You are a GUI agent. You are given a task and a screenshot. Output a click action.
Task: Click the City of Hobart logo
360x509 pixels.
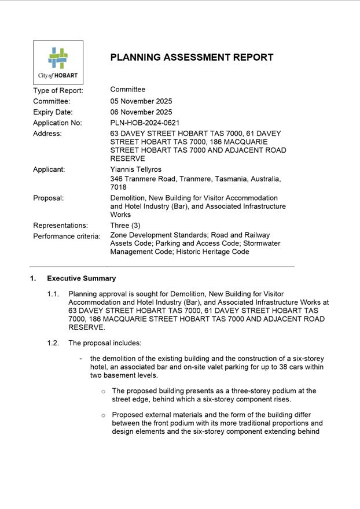pyautogui.click(x=58, y=62)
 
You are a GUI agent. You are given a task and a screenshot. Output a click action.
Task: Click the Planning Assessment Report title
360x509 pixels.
pyautogui.click(x=192, y=57)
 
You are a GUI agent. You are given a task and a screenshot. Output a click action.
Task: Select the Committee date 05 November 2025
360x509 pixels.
pyautogui.click(x=141, y=101)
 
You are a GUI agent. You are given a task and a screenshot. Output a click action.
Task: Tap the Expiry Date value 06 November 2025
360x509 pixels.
pyautogui.click(x=141, y=112)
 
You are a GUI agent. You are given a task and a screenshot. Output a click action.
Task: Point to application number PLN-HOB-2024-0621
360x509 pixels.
pyautogui.click(x=145, y=123)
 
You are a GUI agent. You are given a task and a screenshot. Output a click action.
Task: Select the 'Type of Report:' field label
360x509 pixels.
pyautogui.click(x=58, y=90)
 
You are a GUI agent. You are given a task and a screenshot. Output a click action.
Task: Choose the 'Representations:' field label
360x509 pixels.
pyautogui.click(x=60, y=226)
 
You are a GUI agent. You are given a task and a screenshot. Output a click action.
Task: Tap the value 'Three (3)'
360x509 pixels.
pyautogui.click(x=125, y=226)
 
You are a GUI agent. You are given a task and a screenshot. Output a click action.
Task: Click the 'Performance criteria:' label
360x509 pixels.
pyautogui.click(x=67, y=236)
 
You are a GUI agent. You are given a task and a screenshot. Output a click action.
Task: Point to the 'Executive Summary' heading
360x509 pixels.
pyautogui.click(x=81, y=278)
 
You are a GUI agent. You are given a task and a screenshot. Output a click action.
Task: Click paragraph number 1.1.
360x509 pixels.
pyautogui.click(x=53, y=294)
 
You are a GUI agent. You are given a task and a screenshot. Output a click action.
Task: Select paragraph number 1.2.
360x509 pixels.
pyautogui.click(x=53, y=343)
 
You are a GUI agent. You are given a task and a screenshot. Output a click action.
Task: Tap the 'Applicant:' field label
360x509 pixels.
pyautogui.click(x=49, y=169)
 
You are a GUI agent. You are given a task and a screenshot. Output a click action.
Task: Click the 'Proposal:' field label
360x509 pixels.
pyautogui.click(x=48, y=198)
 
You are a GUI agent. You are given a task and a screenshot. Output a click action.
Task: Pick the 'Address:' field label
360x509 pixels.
pyautogui.click(x=47, y=134)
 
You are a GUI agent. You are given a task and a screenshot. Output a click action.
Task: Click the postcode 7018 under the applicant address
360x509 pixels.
pyautogui.click(x=119, y=187)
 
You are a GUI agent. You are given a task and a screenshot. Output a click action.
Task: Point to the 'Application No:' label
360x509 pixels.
pyautogui.click(x=57, y=123)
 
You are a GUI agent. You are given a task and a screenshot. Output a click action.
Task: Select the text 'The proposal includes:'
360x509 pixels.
pyautogui.click(x=105, y=343)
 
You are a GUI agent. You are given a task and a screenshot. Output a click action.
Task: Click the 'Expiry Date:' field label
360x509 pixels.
pyautogui.click(x=53, y=112)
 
